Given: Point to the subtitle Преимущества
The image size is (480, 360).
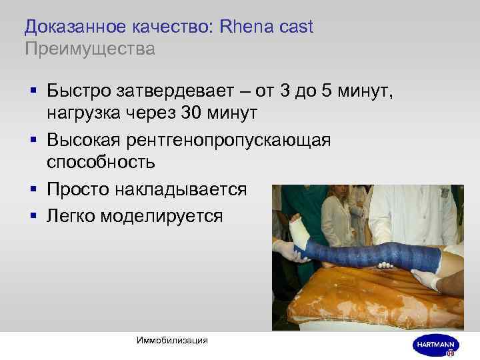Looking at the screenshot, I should (x=89, y=49).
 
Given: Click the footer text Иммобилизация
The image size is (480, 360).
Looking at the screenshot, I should (x=171, y=340).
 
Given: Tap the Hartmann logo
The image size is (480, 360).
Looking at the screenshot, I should (x=434, y=343).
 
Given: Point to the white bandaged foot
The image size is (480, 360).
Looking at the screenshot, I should (x=298, y=232).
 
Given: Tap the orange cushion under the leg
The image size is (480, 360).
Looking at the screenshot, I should (x=347, y=300).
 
